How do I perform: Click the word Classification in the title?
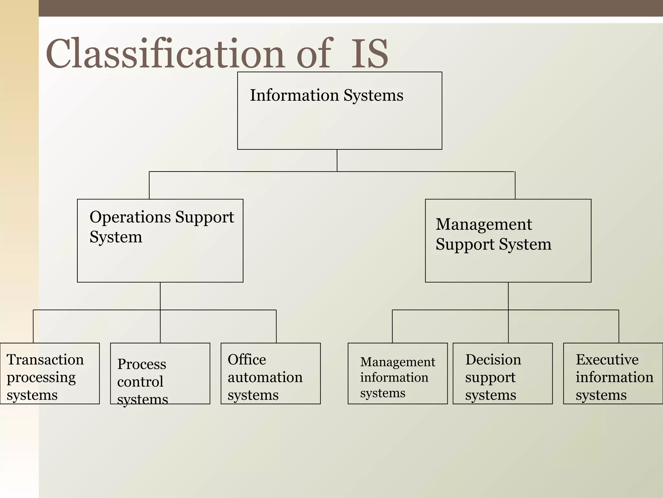[165, 53]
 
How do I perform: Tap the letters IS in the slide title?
[369, 53]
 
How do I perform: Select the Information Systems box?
[340, 111]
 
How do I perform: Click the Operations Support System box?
[160, 241]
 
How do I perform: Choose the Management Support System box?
[508, 241]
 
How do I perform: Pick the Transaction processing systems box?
[50, 373]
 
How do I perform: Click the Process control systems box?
[160, 373]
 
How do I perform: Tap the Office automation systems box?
[271, 373]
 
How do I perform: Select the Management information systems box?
[398, 373]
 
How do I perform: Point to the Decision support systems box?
[502, 373]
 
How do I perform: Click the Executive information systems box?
[613, 373]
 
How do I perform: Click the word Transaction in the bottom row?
[45, 360]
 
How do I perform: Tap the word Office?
[247, 360]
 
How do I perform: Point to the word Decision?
[493, 360]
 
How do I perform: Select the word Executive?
[607, 360]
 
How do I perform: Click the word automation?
[265, 377]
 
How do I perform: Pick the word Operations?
[130, 217]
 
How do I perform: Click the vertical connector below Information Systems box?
[337, 160]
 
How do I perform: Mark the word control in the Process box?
[140, 382]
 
